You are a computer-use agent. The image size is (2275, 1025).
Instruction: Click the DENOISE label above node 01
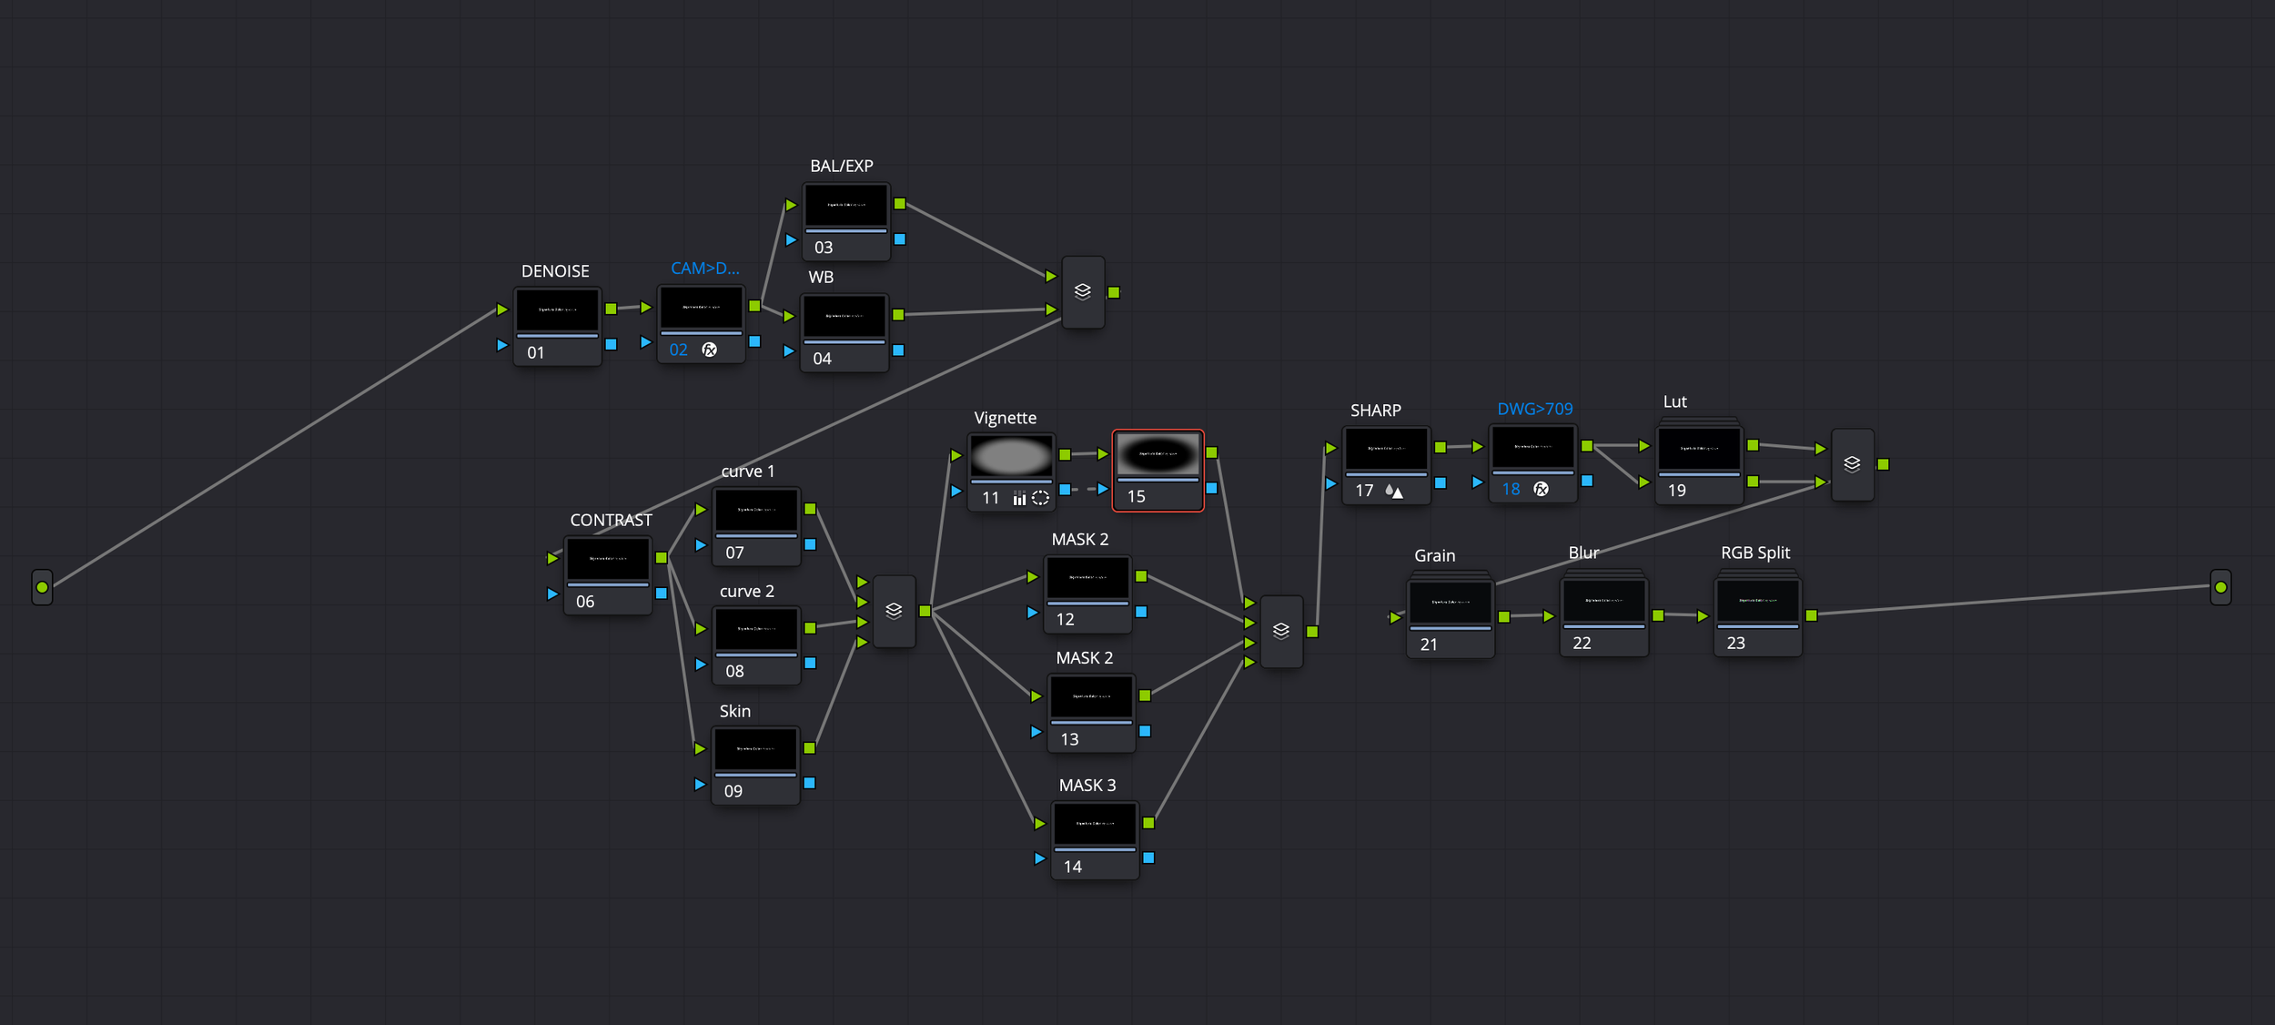554,271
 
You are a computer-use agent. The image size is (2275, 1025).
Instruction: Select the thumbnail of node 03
845,206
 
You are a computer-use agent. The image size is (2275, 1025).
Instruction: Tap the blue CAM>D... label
704,269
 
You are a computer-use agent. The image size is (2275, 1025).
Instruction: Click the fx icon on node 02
710,350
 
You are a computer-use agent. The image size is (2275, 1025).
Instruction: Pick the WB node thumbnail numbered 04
844,317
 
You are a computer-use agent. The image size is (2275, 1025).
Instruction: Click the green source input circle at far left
42,587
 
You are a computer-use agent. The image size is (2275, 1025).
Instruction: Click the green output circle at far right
2220,587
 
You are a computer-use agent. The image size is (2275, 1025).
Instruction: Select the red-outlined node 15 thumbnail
1158,453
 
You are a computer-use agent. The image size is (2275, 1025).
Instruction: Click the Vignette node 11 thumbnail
1011,455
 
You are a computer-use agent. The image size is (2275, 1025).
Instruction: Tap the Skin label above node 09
734,711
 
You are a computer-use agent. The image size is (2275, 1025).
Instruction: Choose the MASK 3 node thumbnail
1095,824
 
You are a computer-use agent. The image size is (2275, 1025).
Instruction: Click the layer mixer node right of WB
1082,292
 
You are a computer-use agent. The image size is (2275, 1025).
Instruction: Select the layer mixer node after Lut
1851,464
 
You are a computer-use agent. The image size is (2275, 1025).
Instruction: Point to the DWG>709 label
1534,409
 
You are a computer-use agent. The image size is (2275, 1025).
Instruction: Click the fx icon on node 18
1541,489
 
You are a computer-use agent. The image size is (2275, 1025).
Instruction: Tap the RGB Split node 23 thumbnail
1757,601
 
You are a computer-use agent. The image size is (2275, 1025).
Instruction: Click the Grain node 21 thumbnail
1450,603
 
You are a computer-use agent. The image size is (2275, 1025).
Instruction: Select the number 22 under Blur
1582,643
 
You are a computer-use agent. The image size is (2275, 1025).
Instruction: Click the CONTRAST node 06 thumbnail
608,559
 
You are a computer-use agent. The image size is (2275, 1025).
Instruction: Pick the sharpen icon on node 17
1393,491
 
